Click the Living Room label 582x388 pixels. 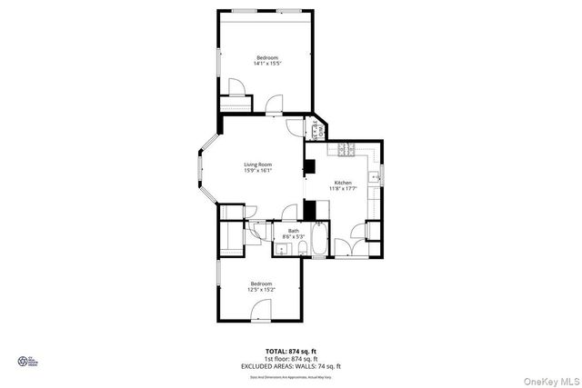pyautogui.click(x=257, y=164)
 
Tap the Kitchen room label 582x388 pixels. pyautogui.click(x=343, y=183)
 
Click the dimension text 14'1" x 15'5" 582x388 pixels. pyautogui.click(x=266, y=64)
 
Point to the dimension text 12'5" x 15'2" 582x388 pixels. pyautogui.click(x=261, y=290)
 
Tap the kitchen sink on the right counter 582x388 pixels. pyautogui.click(x=374, y=176)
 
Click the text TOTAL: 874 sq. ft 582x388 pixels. pyautogui.click(x=290, y=351)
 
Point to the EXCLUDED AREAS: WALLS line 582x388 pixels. pyautogui.click(x=290, y=364)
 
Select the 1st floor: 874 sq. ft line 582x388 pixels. pyautogui.click(x=290, y=358)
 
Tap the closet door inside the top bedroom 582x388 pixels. pyautogui.click(x=236, y=88)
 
